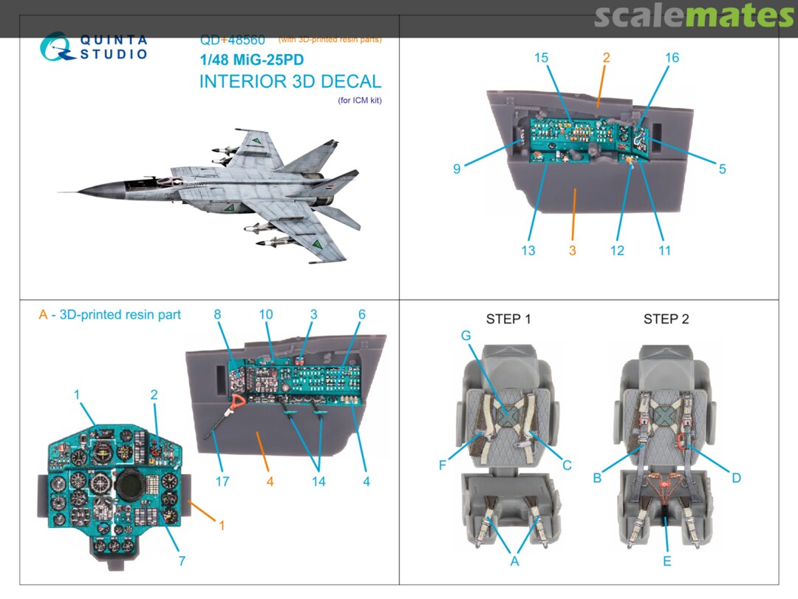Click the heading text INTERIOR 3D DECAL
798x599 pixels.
tap(290, 81)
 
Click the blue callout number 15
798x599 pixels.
tap(542, 58)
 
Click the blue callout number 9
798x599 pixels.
tap(457, 169)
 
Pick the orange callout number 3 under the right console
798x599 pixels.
tap(573, 251)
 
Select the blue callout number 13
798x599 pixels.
tap(528, 251)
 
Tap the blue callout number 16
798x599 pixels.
tap(671, 58)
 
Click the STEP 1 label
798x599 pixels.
tap(508, 319)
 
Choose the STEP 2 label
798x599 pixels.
tap(666, 319)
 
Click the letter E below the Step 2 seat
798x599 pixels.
tap(666, 561)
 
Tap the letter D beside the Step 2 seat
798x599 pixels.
tap(736, 478)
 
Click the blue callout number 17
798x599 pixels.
tap(222, 481)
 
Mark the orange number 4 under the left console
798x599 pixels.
tap(270, 481)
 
